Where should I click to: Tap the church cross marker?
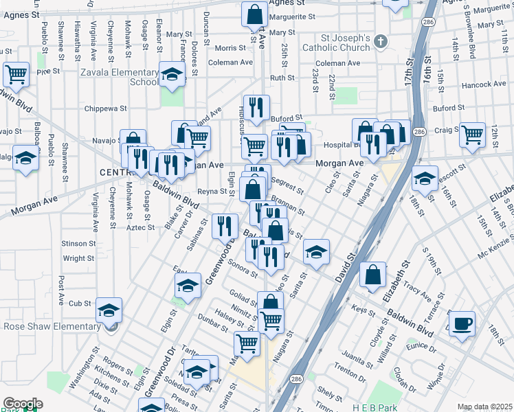(381, 42)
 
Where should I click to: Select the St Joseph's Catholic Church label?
(346, 43)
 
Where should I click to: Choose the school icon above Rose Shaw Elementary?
(109, 310)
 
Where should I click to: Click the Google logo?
(23, 404)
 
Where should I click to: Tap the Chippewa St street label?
(106, 108)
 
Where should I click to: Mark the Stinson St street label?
(78, 244)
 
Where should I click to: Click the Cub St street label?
(80, 303)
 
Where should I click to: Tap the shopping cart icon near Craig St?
(472, 135)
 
